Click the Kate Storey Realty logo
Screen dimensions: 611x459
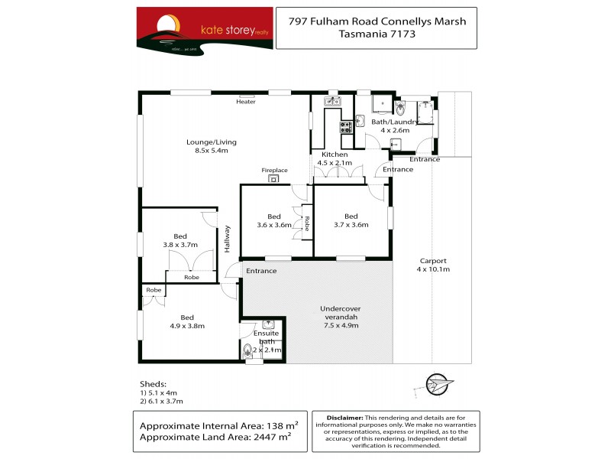[205, 30]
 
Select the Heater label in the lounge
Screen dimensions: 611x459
[246, 102]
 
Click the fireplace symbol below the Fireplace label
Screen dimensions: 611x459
[274, 179]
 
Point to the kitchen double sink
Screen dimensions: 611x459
[332, 101]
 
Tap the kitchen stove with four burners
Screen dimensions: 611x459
[346, 127]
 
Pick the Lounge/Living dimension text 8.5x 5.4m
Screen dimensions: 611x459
[212, 151]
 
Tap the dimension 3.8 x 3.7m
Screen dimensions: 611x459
[180, 245]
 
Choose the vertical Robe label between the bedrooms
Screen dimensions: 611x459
[307, 223]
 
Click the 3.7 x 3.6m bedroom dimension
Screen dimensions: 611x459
[351, 225]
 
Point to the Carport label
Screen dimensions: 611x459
[433, 260]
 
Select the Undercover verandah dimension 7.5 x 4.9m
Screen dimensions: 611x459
[341, 326]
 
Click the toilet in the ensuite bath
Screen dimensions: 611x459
[247, 352]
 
